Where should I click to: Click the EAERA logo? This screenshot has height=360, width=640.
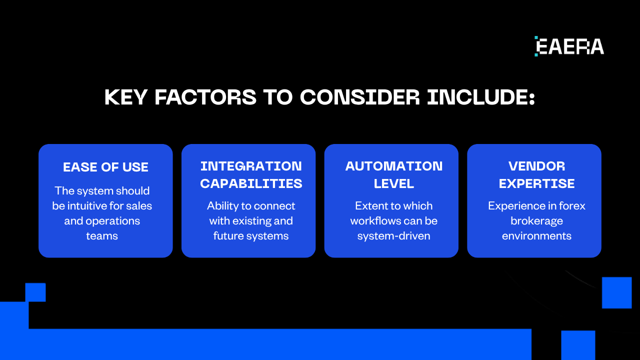[x=569, y=46]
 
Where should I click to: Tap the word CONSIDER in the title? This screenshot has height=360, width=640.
[x=360, y=97]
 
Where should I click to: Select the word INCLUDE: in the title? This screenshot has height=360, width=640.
[x=481, y=97]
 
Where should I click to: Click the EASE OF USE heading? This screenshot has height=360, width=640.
[x=105, y=167]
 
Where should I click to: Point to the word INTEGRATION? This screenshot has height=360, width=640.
[x=251, y=166]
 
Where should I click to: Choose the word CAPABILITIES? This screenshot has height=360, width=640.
[x=251, y=183]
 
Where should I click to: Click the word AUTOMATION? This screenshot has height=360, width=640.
[x=394, y=166]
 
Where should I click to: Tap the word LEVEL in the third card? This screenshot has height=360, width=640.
[x=394, y=183]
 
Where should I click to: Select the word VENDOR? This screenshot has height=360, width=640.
[x=536, y=166]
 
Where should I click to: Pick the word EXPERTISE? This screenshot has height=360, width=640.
[x=536, y=183]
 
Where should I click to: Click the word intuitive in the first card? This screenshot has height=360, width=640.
[x=87, y=206]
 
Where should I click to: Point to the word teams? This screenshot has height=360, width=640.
[x=102, y=236]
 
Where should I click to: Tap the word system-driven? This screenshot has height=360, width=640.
[x=394, y=236]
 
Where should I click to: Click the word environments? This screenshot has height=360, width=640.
[x=536, y=236]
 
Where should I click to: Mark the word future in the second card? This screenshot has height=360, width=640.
[x=228, y=236]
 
